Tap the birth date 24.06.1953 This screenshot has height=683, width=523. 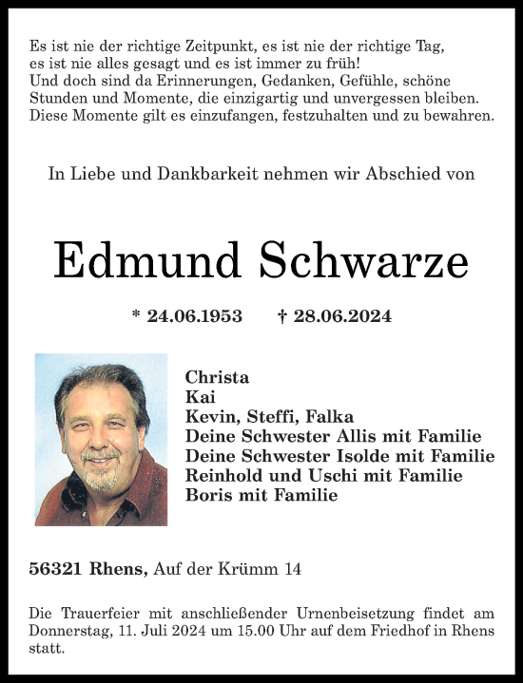pyautogui.click(x=194, y=315)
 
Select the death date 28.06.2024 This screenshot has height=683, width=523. pyautogui.click(x=342, y=315)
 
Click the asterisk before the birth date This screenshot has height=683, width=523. pyautogui.click(x=136, y=314)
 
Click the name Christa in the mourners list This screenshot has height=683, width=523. pyautogui.click(x=217, y=376)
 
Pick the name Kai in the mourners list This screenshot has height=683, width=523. pyautogui.click(x=201, y=396)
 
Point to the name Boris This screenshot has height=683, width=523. pyautogui.click(x=210, y=495)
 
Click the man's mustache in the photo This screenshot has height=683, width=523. pyautogui.click(x=100, y=456)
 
